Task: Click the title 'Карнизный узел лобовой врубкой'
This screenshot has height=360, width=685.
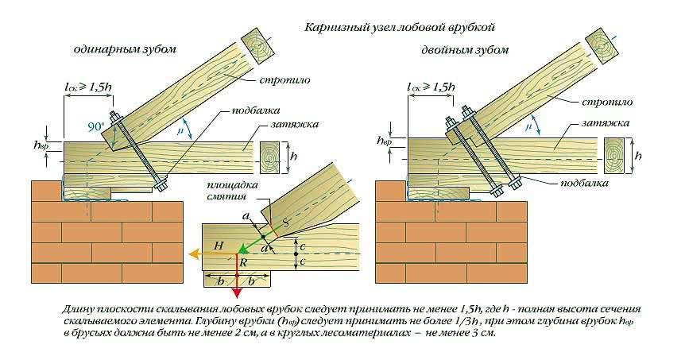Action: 399,28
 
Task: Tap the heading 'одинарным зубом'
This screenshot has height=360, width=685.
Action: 123,49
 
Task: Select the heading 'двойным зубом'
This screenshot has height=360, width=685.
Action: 465,51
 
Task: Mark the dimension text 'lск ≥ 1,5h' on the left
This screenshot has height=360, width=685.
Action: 90,84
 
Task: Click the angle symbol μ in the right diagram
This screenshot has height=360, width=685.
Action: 528,126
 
